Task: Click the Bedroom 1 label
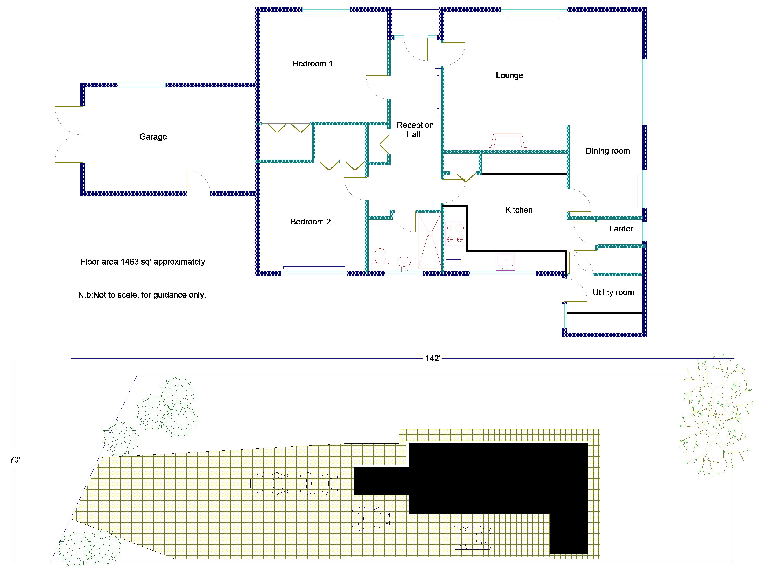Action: tap(313, 64)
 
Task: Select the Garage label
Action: tap(153, 137)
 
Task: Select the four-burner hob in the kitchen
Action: tap(455, 233)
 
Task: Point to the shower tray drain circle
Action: tap(430, 234)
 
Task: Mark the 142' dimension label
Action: tap(432, 358)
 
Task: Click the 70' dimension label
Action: tap(15, 460)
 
